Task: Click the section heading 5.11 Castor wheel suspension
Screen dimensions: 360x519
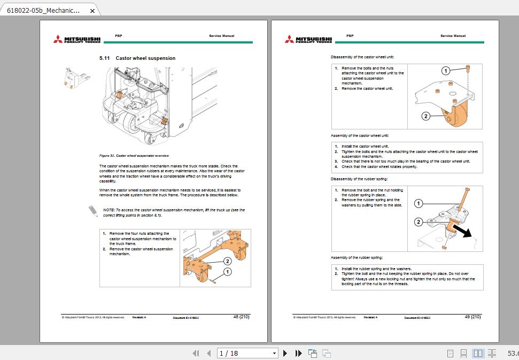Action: tap(137, 58)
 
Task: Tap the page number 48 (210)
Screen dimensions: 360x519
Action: tap(241, 317)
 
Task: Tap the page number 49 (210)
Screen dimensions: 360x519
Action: tap(472, 317)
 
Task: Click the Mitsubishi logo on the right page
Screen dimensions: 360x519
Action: tap(308, 39)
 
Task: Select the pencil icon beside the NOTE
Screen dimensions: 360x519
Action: tap(93, 211)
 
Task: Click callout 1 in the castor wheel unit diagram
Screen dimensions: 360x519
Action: tap(445, 71)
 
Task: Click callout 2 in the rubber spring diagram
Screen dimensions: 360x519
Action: tap(419, 221)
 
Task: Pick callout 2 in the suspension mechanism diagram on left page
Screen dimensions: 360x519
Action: tap(227, 261)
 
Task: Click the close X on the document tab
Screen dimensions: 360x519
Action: tap(92, 11)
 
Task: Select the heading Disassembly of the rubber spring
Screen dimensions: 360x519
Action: tap(359, 179)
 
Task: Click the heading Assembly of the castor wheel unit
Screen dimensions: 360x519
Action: tap(360, 136)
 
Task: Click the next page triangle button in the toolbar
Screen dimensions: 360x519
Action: tap(285, 353)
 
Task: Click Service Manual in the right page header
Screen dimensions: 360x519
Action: tap(453, 36)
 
